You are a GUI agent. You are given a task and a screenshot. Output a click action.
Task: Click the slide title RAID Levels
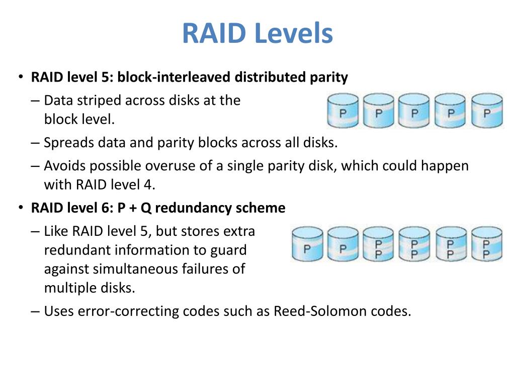(257, 33)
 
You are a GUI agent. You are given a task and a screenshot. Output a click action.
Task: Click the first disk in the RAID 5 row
(343, 110)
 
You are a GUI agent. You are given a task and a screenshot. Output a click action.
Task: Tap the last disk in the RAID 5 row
(486, 110)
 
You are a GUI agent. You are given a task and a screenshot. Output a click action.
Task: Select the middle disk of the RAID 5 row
(414, 110)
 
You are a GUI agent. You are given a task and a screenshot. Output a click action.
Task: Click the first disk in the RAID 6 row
(307, 244)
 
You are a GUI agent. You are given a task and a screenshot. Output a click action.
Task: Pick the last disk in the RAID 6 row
(486, 244)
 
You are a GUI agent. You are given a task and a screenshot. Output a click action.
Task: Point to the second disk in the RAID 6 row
(343, 244)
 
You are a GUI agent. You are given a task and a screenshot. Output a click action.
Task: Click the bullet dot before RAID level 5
(21, 78)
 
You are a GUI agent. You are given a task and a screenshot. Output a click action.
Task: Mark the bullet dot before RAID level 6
(21, 208)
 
